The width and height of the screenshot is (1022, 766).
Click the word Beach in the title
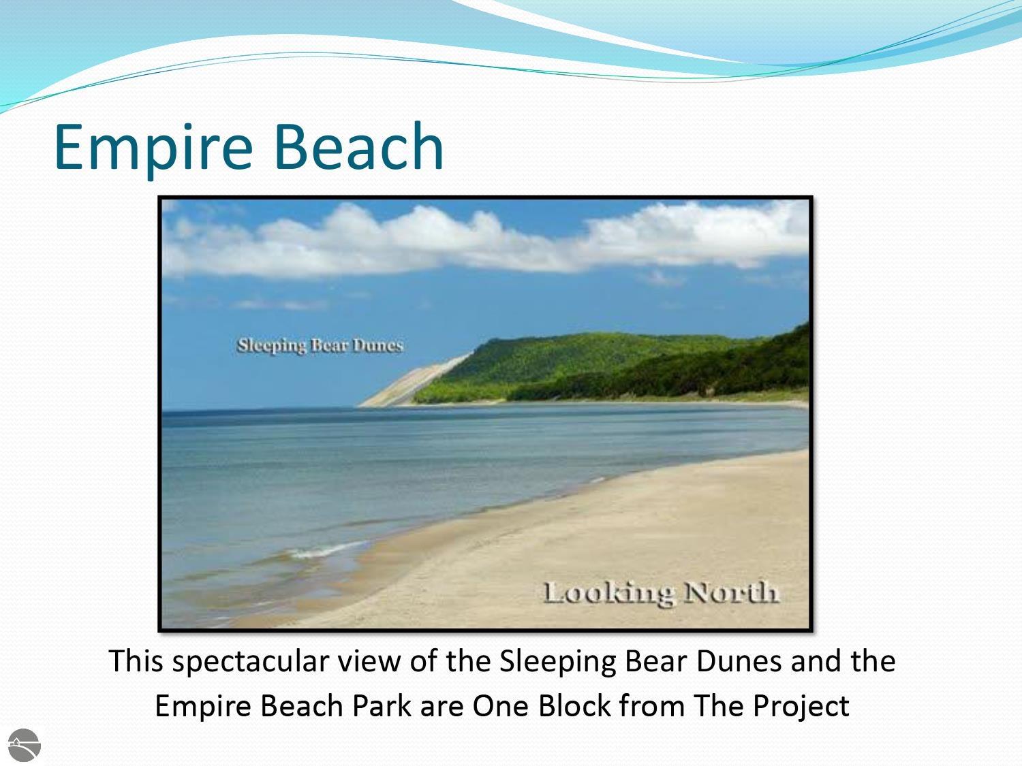coord(359,146)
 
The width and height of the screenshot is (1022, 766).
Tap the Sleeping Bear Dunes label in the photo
coord(320,346)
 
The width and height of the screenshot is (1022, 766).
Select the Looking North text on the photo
coord(661,594)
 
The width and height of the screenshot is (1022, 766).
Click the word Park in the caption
coord(382,706)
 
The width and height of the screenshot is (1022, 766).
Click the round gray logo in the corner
coord(25,745)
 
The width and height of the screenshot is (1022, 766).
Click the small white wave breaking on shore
coord(326,551)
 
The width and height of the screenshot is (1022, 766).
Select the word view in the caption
coord(369,661)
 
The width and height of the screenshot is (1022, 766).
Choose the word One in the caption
coord(501,706)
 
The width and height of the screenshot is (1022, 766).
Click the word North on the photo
coord(732,592)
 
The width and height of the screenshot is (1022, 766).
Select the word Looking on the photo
coord(608,594)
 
